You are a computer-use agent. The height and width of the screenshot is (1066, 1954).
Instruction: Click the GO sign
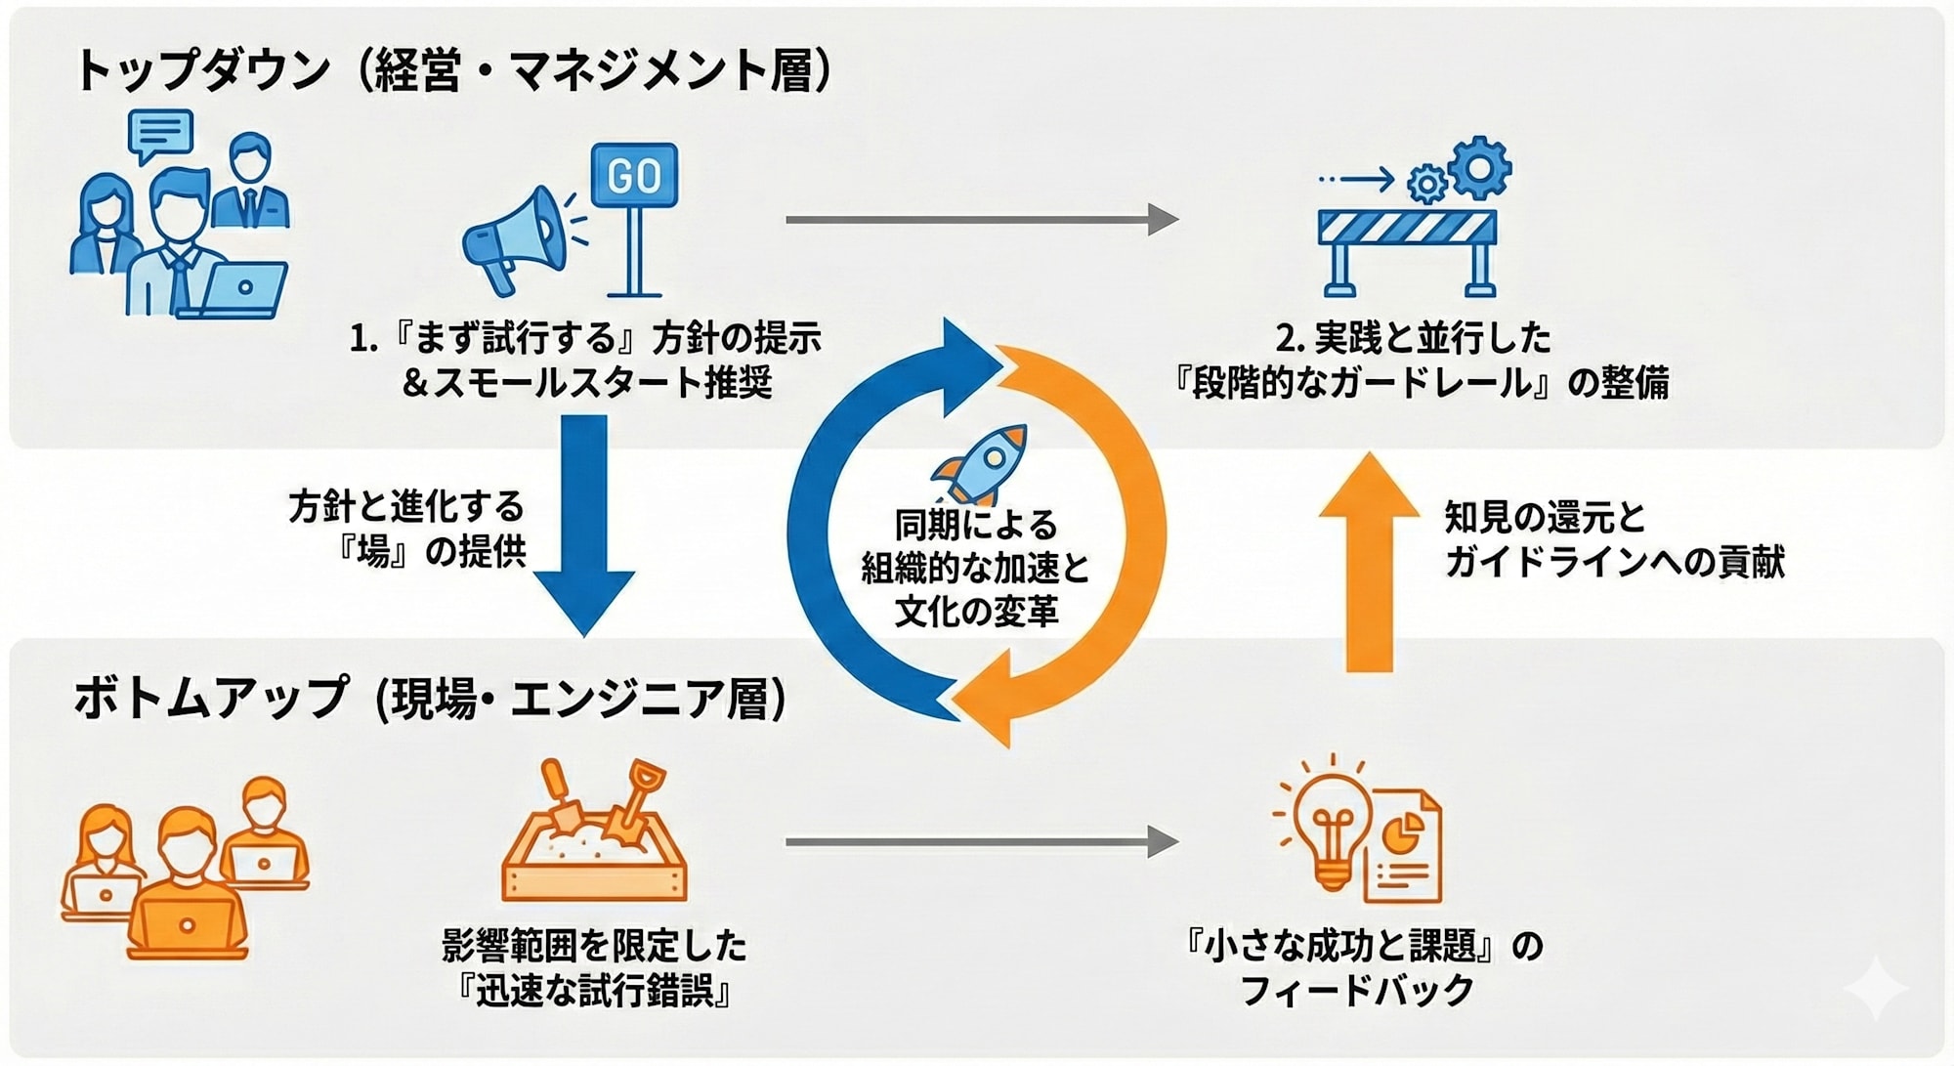(x=634, y=176)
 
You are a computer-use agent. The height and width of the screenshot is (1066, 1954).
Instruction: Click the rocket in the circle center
(x=981, y=462)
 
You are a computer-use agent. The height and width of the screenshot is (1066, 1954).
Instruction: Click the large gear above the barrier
(x=1480, y=168)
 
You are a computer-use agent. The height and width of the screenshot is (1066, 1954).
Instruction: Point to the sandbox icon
(x=594, y=843)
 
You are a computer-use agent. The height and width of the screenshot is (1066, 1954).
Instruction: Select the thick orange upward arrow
(x=1369, y=562)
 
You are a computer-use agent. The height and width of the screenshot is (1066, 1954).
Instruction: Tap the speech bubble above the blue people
(x=160, y=134)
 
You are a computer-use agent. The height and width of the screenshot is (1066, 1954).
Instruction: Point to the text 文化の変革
(x=976, y=612)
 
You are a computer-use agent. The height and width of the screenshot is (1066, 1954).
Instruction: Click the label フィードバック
(x=1357, y=991)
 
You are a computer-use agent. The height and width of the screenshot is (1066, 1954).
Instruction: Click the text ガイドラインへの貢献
(x=1614, y=562)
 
